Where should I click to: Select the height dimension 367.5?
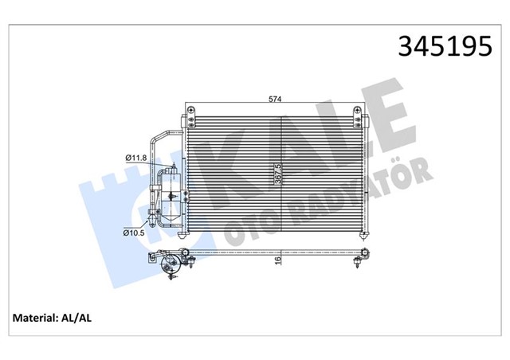(278, 173)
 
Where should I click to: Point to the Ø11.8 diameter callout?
(135, 158)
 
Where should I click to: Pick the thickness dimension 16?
(277, 260)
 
